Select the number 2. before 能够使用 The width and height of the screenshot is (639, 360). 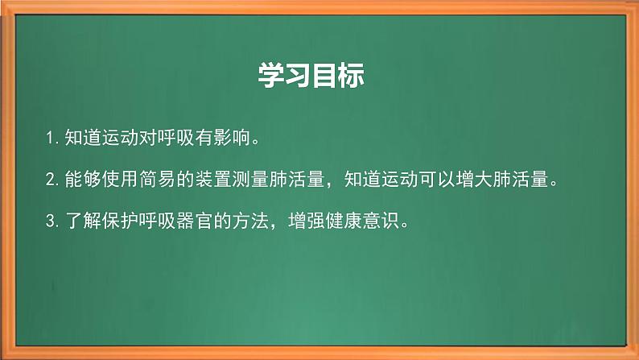(x=54, y=180)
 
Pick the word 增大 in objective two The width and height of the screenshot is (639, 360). (x=486, y=180)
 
